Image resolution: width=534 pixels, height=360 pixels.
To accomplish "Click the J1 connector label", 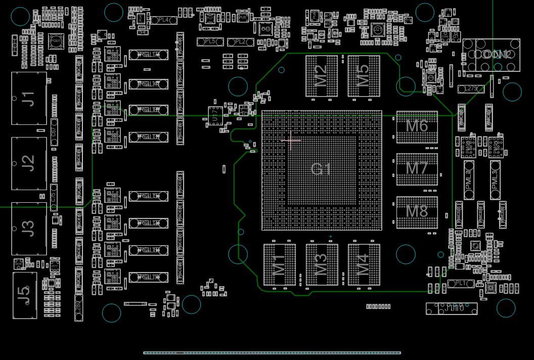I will click(x=29, y=98).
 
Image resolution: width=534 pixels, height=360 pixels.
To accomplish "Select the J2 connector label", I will click(x=29, y=163).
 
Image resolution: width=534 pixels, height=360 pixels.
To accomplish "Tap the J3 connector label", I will click(x=29, y=228).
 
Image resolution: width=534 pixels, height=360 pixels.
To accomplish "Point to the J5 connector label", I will click(x=24, y=295).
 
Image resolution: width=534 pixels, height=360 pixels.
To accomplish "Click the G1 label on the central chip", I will click(x=321, y=169).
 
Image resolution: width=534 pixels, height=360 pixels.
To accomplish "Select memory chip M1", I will click(x=279, y=264).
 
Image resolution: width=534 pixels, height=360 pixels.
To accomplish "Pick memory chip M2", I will click(x=321, y=76).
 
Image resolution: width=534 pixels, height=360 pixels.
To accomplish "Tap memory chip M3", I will click(x=321, y=264).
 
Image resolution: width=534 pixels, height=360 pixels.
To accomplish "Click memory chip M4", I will click(x=363, y=264).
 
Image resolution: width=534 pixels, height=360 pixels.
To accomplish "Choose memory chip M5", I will click(x=363, y=76).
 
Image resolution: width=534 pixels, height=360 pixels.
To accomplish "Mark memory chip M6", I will click(x=417, y=126).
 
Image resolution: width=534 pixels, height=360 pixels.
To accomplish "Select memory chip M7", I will click(x=417, y=168).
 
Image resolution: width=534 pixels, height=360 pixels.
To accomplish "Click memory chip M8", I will click(x=417, y=211).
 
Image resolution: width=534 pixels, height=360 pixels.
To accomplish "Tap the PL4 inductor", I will click(x=164, y=20).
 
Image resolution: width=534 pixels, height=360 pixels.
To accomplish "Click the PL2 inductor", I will click(x=241, y=41).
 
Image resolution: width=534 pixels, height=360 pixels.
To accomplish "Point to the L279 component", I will click(x=471, y=89).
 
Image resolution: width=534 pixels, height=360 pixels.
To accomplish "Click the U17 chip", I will click(x=215, y=115).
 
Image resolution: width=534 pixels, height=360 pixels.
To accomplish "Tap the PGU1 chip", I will click(x=56, y=41).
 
